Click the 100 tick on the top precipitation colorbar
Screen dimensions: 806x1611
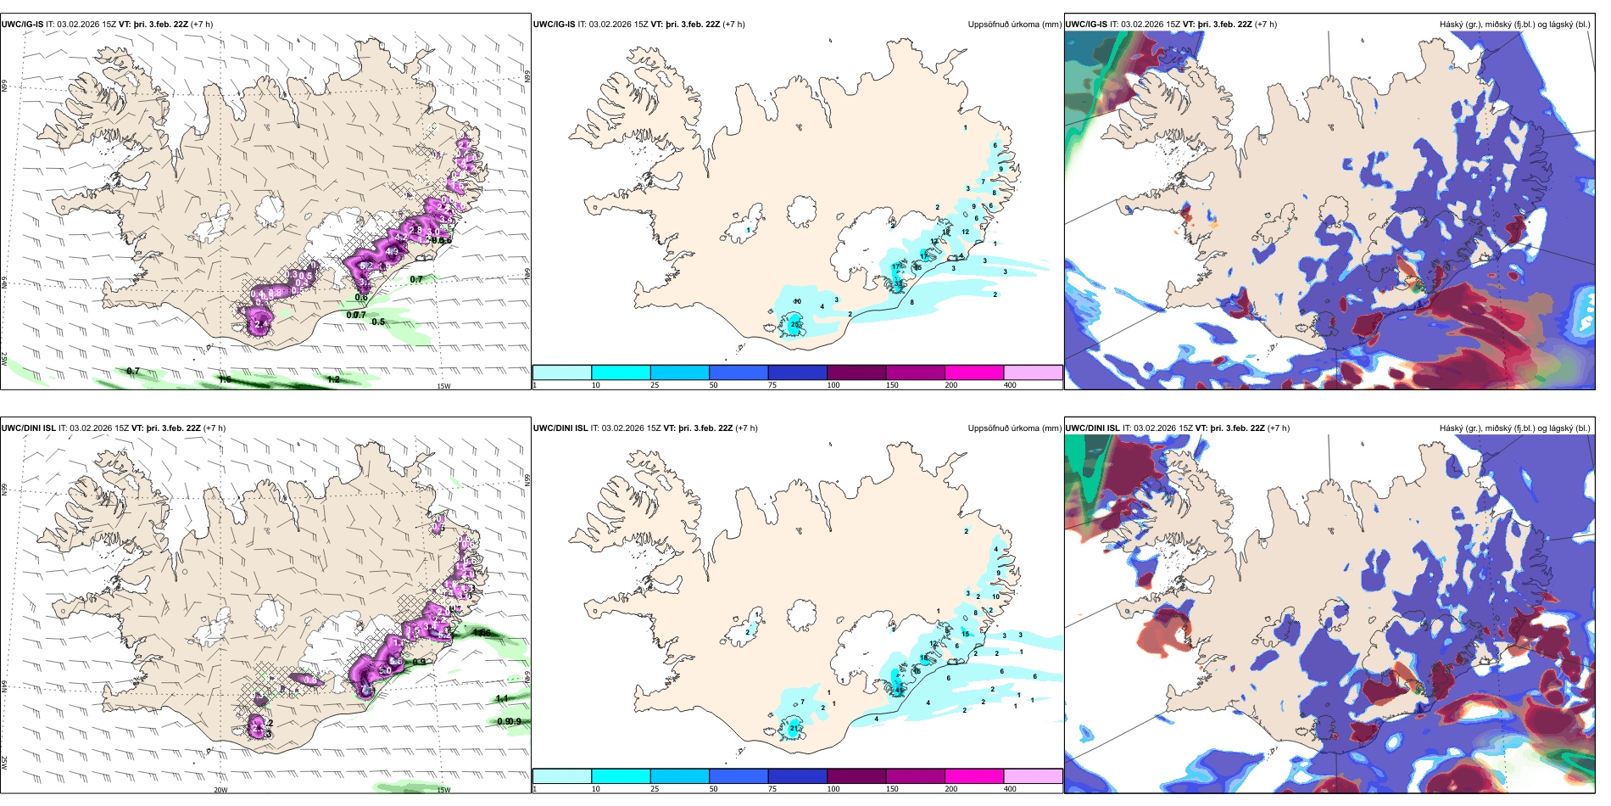(833, 385)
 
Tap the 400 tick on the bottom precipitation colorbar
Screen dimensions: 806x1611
(1010, 789)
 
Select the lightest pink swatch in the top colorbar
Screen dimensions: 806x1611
(1033, 372)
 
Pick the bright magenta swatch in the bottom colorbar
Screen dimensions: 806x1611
(974, 776)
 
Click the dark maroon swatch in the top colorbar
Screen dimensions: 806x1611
(856, 372)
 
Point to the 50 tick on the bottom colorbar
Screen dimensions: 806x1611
(713, 789)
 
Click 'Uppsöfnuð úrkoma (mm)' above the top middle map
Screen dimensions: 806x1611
(1014, 25)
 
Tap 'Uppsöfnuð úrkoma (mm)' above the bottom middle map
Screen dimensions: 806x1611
(1014, 428)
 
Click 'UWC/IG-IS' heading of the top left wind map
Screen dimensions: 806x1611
(22, 25)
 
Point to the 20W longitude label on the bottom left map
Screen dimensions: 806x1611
(220, 790)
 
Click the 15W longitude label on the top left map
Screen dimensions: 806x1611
(443, 386)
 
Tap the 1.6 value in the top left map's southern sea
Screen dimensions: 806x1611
(225, 379)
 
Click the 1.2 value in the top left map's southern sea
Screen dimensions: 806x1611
(333, 379)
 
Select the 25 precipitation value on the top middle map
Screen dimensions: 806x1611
(795, 325)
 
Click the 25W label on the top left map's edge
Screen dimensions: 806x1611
(4, 359)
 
